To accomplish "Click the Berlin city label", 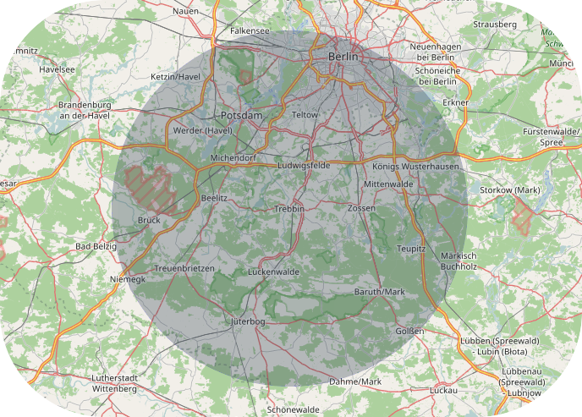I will click(x=343, y=56).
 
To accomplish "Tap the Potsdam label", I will click(x=241, y=115).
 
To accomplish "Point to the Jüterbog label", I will click(x=248, y=322).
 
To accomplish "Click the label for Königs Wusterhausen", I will click(x=415, y=167).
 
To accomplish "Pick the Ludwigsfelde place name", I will click(x=304, y=165).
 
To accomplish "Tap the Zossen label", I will click(x=361, y=207).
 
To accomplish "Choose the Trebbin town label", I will click(x=288, y=208).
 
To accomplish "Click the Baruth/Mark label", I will click(x=380, y=292).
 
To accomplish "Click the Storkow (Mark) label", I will click(x=509, y=189).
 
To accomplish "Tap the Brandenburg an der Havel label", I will click(x=85, y=110).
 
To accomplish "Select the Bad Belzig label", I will click(x=96, y=246).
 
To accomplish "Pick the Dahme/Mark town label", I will click(x=355, y=382).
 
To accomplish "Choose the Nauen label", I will click(x=185, y=11).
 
